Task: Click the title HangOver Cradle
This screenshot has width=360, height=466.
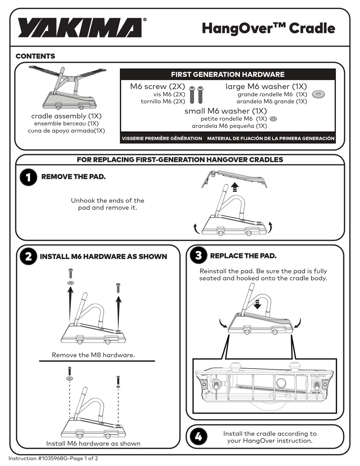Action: pyautogui.click(x=268, y=28)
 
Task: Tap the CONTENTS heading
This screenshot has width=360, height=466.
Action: pyautogui.click(x=35, y=56)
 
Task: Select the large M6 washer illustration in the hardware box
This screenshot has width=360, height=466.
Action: pyautogui.click(x=318, y=94)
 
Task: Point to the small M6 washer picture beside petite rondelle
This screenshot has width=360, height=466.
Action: pyautogui.click(x=273, y=119)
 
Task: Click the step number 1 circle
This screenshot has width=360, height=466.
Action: pyautogui.click(x=28, y=177)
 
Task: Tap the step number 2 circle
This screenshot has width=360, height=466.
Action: pyautogui.click(x=28, y=256)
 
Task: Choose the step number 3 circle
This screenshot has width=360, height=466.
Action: pyautogui.click(x=199, y=255)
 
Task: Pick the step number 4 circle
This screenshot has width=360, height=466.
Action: pyautogui.click(x=199, y=436)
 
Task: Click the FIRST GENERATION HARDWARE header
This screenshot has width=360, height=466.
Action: pyautogui.click(x=228, y=74)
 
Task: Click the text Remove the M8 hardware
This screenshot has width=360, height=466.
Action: pyautogui.click(x=93, y=355)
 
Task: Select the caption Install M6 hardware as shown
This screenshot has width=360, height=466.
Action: pyautogui.click(x=93, y=444)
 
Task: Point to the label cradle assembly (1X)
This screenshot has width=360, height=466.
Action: pyautogui.click(x=66, y=116)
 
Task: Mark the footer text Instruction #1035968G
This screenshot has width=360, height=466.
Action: pyautogui.click(x=38, y=458)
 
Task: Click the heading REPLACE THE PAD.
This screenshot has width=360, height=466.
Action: pyautogui.click(x=243, y=256)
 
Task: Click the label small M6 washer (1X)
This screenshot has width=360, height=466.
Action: pyautogui.click(x=225, y=111)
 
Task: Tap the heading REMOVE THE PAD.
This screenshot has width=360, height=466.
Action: pyautogui.click(x=74, y=177)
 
